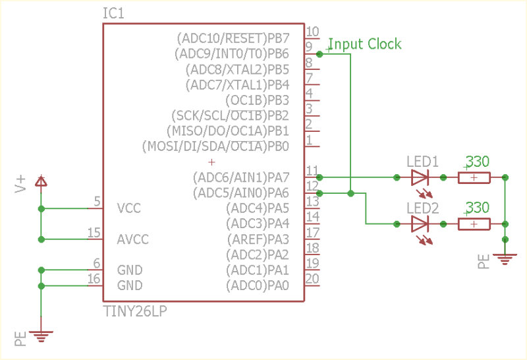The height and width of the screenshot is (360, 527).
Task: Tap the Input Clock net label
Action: tap(364, 44)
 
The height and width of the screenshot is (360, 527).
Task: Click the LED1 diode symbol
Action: tap(420, 177)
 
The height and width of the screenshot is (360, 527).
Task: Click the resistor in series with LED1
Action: tap(474, 177)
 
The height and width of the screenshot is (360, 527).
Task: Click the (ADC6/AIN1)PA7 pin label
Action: tap(240, 177)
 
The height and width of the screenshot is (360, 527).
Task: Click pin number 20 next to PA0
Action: tap(312, 279)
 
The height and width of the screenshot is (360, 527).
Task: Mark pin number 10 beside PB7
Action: tap(312, 31)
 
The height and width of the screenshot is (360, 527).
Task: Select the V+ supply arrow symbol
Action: tap(41, 181)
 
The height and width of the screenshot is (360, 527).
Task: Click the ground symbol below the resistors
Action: tap(505, 259)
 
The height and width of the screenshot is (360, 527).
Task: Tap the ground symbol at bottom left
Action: tap(41, 338)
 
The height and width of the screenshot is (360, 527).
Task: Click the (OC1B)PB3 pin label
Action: tap(257, 100)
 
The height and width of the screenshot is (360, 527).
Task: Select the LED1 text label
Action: tap(422, 162)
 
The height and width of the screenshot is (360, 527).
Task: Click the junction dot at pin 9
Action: tap(319, 53)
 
